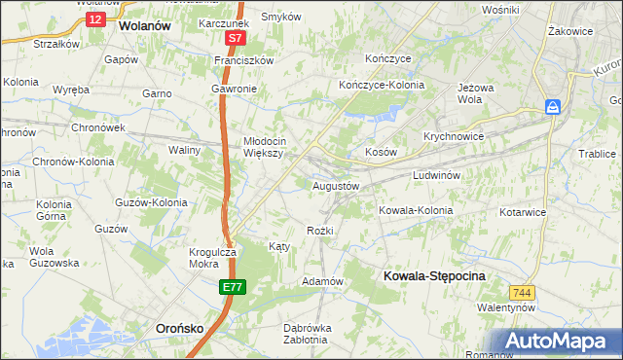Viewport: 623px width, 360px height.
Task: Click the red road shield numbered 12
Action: click(x=94, y=18)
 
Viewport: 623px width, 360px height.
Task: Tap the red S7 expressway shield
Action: click(x=235, y=39)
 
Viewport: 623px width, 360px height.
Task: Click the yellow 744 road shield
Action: click(x=522, y=292)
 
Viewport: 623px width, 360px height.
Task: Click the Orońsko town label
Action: click(x=179, y=329)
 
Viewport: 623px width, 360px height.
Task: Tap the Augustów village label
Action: click(x=336, y=185)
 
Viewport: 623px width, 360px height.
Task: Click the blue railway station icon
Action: click(x=553, y=107)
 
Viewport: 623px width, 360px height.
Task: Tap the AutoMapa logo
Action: click(x=558, y=342)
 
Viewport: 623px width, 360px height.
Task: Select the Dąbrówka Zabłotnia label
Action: click(x=307, y=333)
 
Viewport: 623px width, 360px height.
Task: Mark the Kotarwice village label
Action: click(x=525, y=210)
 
